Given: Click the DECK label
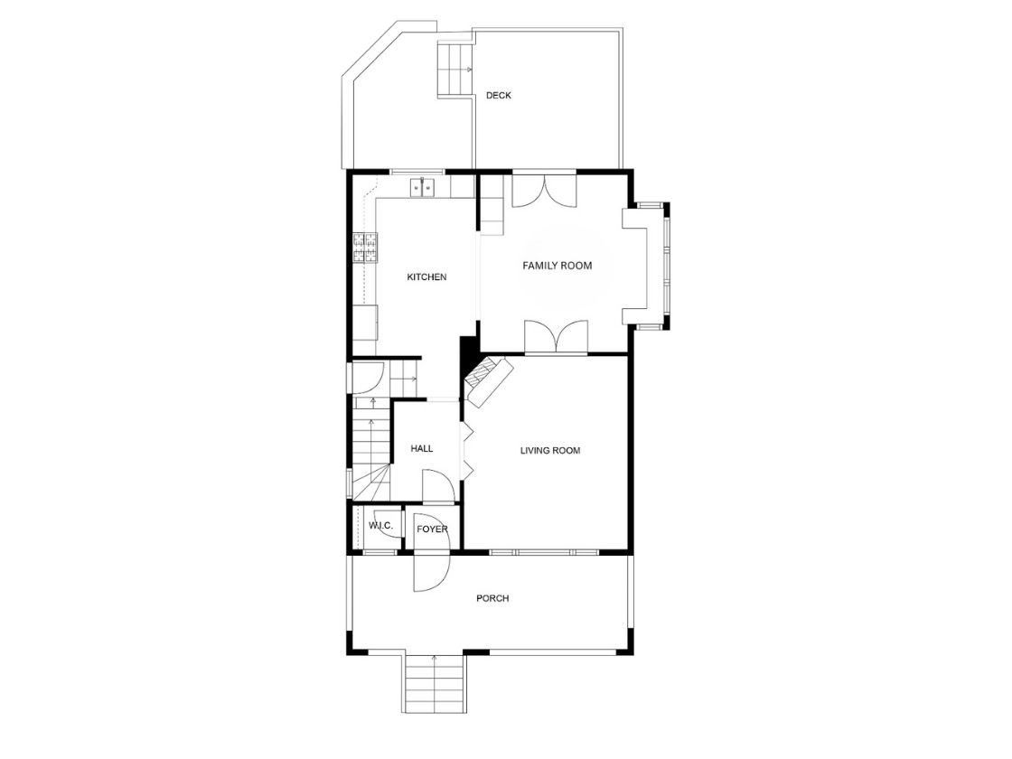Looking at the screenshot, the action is (498, 96).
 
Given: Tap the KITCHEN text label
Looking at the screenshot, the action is (426, 276).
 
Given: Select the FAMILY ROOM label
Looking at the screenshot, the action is (557, 266).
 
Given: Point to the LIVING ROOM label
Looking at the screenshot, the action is (550, 451).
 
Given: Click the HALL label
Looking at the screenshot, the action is (421, 448).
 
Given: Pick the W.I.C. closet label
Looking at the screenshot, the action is (380, 526).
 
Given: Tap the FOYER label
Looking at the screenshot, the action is (432, 529).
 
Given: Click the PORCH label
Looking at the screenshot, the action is (492, 598).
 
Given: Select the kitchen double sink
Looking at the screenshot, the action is (422, 187).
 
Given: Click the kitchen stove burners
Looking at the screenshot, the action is (365, 248).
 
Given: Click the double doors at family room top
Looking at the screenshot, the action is (545, 191).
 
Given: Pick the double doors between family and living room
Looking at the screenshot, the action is (557, 336).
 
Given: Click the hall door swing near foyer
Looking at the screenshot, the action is (437, 486).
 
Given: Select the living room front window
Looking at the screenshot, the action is (544, 552).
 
